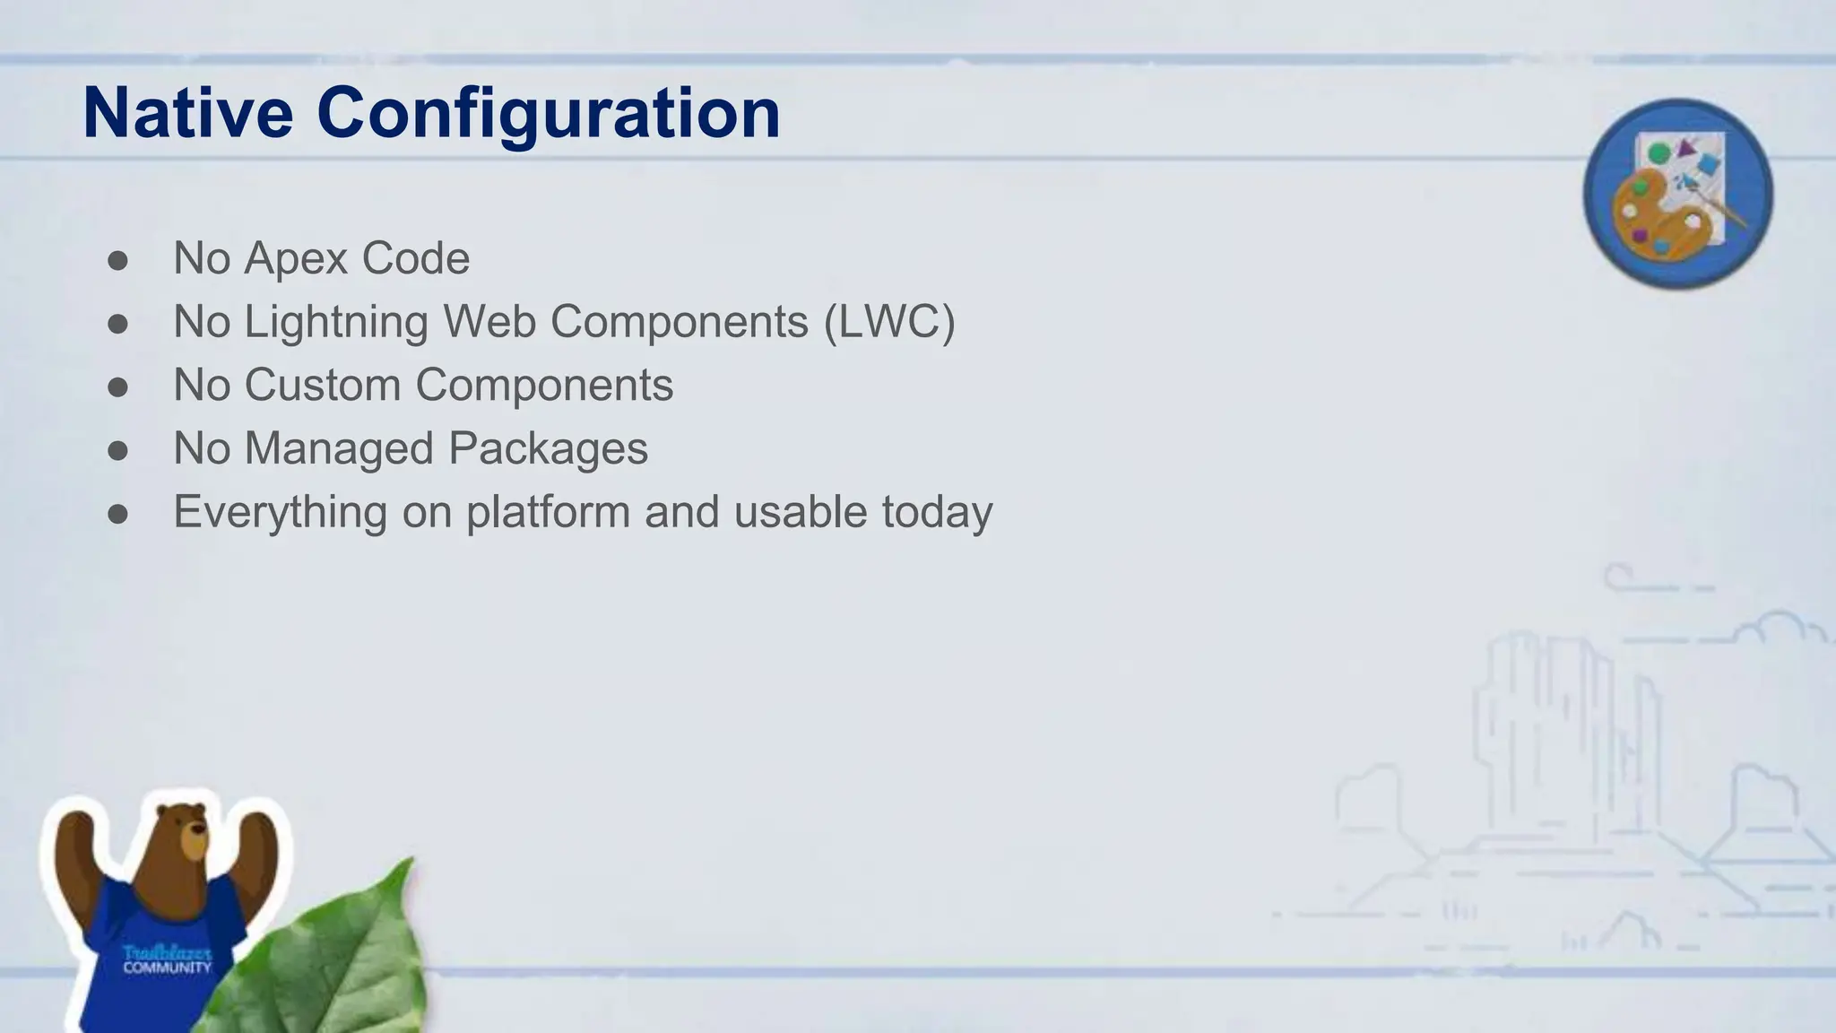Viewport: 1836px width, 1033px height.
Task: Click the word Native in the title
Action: coord(187,114)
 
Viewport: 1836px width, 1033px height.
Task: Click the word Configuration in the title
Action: coord(548,114)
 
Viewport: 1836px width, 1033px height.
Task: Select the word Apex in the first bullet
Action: coord(296,259)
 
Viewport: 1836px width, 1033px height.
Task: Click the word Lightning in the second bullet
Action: coord(336,322)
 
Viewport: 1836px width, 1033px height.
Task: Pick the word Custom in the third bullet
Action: coord(322,386)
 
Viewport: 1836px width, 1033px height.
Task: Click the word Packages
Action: coord(548,449)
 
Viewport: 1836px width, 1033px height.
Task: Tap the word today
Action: coord(937,512)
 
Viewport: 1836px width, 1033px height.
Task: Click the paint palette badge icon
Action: coord(1677,193)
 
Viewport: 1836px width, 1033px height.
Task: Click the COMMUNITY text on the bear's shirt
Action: coord(167,968)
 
